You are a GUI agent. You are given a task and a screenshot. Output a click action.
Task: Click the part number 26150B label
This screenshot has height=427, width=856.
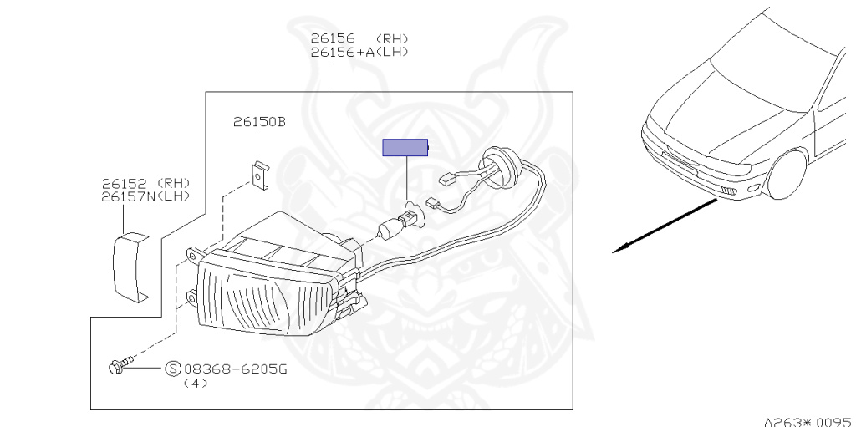259,122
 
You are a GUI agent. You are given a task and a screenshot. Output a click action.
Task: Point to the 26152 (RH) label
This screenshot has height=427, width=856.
146,183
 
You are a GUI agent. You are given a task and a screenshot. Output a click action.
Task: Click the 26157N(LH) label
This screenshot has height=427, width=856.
146,196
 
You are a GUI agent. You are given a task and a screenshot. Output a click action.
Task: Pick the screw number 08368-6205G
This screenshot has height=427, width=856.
235,369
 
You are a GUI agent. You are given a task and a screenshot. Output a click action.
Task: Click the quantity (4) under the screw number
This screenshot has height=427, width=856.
195,383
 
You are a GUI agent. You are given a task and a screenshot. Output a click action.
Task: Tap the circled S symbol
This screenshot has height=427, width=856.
173,369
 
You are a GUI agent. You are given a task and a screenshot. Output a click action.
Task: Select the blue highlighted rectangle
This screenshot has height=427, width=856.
405,148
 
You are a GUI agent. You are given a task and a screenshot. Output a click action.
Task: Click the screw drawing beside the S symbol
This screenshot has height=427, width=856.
119,365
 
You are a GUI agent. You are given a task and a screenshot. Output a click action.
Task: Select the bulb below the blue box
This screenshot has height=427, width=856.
396,225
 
